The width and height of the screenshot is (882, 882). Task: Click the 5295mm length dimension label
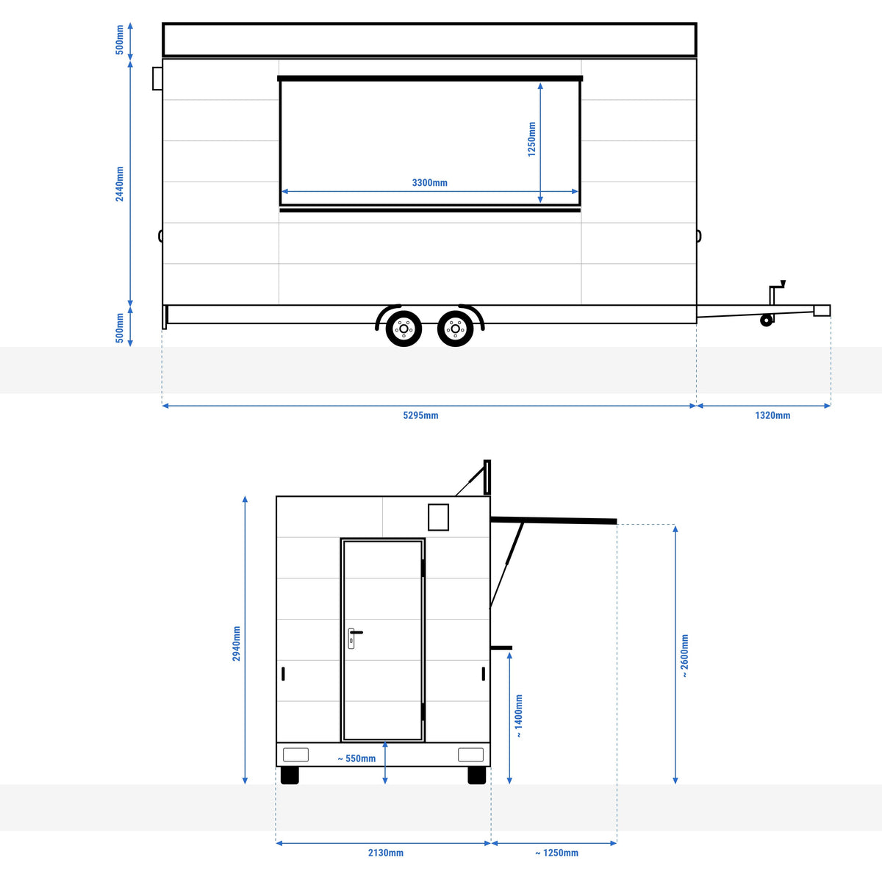pos(420,415)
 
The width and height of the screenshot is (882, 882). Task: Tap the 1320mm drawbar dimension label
pos(772,415)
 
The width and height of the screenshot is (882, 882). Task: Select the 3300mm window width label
pos(430,182)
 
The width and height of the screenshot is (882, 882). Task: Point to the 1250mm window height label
pos(531,139)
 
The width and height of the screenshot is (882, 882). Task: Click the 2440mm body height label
pos(120,184)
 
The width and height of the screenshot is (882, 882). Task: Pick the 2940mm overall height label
pos(236,644)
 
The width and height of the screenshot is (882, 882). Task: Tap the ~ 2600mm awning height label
pos(684,656)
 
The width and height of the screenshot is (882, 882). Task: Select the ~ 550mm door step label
pos(356,759)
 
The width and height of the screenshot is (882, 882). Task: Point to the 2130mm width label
pos(386,853)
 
